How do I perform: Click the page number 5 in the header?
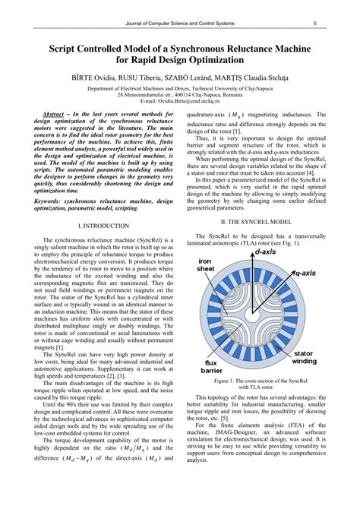pos(314,24)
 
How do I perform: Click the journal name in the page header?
pos(180,24)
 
